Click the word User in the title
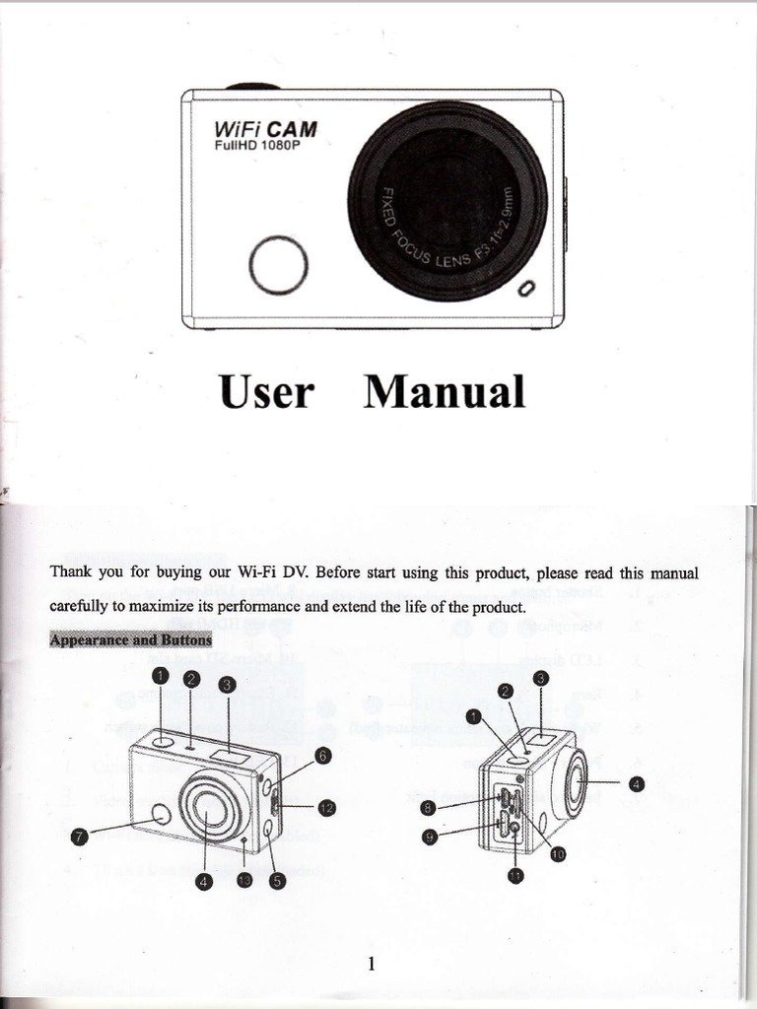click(x=266, y=392)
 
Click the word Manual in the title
click(x=445, y=392)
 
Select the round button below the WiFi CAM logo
click(x=279, y=266)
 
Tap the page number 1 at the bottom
click(x=371, y=964)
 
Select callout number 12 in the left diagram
click(x=326, y=808)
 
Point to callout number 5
click(x=277, y=881)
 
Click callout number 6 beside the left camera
click(x=323, y=756)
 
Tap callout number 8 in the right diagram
click(x=428, y=808)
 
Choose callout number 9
click(x=428, y=838)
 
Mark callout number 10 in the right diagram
click(x=557, y=853)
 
